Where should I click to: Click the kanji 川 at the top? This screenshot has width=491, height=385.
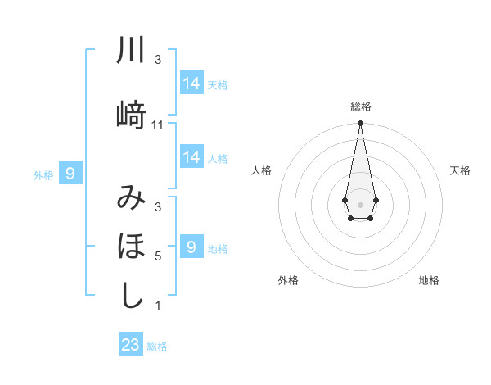(132, 51)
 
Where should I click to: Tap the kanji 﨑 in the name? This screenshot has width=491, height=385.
(132, 115)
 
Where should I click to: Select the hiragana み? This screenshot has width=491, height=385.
(132, 197)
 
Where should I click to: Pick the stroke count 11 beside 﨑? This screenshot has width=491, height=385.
(158, 125)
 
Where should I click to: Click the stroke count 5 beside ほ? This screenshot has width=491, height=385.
(158, 256)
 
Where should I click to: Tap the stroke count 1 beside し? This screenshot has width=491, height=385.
(158, 306)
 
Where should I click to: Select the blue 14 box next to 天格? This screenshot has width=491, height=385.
(191, 83)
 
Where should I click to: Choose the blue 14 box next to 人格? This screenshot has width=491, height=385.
(191, 156)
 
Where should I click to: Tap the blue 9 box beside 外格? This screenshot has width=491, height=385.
(70, 173)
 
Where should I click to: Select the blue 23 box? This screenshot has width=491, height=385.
(131, 345)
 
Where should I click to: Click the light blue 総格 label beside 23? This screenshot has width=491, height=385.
(157, 346)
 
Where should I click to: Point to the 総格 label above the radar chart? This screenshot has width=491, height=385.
(360, 106)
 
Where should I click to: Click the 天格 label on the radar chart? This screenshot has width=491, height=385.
(461, 170)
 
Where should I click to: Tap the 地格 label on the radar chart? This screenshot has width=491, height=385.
(429, 280)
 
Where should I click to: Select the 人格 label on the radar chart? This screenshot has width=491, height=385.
(261, 170)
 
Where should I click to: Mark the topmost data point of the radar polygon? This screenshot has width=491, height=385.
(360, 124)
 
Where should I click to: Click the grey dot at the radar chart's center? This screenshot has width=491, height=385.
(360, 203)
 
